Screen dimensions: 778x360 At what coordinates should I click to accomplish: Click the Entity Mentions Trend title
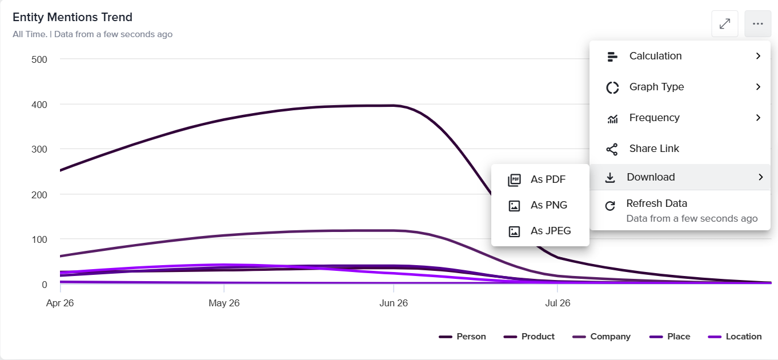click(73, 17)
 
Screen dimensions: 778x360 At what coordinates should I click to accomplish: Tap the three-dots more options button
click(757, 23)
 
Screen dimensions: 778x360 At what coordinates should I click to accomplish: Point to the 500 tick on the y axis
click(39, 59)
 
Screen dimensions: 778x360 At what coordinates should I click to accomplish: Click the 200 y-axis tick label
click(39, 195)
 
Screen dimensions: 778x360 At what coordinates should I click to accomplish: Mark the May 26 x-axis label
click(224, 303)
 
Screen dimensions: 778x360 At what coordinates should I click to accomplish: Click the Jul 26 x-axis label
click(558, 303)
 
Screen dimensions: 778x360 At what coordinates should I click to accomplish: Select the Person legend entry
click(462, 337)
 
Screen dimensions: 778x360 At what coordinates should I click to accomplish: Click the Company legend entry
click(601, 337)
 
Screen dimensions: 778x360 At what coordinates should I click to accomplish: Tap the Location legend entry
click(735, 337)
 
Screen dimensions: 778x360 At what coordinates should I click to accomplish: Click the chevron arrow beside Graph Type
click(758, 86)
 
